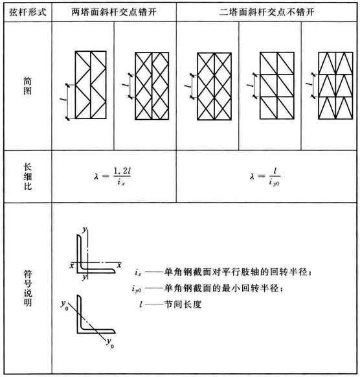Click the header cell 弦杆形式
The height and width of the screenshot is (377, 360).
[28, 12]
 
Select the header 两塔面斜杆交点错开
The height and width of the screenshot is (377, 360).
[114, 12]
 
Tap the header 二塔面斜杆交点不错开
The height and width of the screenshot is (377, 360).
[267, 12]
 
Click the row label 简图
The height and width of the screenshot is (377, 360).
[27, 86]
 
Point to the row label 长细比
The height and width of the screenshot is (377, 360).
[28, 177]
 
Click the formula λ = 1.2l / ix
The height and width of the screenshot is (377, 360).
[113, 176]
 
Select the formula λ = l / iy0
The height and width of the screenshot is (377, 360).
[265, 177]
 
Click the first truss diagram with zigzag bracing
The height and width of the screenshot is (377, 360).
[91, 85]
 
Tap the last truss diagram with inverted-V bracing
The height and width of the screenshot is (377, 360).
[335, 86]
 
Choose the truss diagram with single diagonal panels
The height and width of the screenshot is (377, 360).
[277, 86]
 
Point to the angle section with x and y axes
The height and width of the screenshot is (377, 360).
[96, 254]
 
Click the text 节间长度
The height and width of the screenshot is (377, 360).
[183, 304]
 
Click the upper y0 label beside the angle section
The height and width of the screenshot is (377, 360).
[64, 305]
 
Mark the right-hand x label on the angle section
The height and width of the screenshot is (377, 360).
[119, 265]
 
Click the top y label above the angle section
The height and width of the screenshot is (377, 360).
[84, 229]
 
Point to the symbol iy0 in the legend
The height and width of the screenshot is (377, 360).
[137, 288]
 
